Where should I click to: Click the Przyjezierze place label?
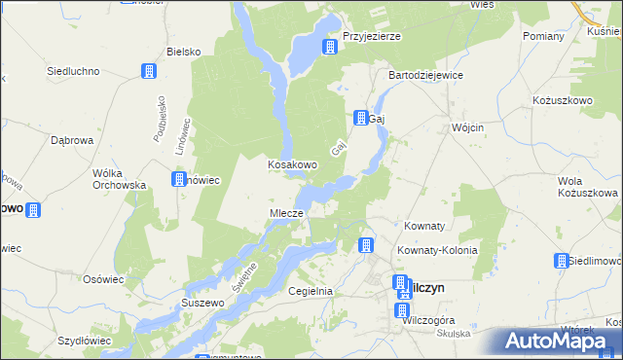click(x=371, y=36)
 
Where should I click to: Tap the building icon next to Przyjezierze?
click(x=331, y=46)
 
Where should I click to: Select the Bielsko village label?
click(x=183, y=51)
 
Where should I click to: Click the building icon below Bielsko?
click(x=149, y=71)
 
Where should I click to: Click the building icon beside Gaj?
click(x=359, y=117)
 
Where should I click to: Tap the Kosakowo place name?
click(x=292, y=164)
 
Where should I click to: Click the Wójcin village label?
click(x=468, y=127)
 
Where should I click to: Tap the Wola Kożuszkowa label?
click(x=587, y=187)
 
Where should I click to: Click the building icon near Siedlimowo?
click(x=561, y=260)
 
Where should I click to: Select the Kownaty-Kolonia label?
click(x=437, y=250)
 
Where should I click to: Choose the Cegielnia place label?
click(x=311, y=291)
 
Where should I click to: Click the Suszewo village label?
click(x=202, y=304)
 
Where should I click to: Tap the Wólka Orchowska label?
click(x=119, y=178)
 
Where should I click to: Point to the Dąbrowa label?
click(x=71, y=140)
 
